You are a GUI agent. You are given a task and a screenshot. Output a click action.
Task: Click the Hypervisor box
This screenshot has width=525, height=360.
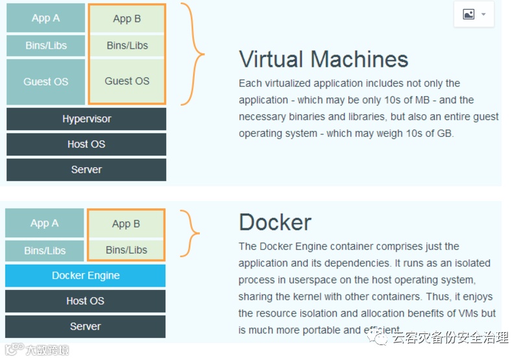click(x=86, y=119)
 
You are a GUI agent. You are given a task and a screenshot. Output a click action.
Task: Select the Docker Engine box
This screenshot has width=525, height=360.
click(x=86, y=276)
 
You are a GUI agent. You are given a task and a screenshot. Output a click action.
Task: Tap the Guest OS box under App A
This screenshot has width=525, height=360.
click(x=45, y=82)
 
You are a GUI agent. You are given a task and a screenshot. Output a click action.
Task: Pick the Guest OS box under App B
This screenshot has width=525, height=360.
click(x=127, y=81)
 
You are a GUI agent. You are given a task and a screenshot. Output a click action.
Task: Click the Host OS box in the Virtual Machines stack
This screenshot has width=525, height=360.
click(x=86, y=144)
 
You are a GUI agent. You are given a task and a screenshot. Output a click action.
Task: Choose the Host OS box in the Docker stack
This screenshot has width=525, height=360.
click(x=85, y=301)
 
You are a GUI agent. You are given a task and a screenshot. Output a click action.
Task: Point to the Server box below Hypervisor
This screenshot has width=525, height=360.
click(x=86, y=169)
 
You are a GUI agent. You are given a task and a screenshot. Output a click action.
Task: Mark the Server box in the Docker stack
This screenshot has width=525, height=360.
click(x=85, y=326)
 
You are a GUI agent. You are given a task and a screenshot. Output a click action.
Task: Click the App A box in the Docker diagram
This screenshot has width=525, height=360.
click(x=45, y=223)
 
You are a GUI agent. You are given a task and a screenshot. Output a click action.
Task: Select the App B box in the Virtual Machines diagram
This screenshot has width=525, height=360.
click(x=127, y=19)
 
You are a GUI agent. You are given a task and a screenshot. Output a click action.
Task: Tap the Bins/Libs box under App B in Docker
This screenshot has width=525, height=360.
click(x=127, y=250)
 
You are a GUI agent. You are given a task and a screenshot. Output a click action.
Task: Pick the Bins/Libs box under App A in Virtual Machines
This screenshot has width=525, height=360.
click(x=45, y=45)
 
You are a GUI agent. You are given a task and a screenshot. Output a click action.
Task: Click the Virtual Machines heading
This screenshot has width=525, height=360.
click(x=323, y=59)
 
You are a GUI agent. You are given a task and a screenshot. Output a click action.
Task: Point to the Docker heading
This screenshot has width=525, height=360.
click(x=275, y=222)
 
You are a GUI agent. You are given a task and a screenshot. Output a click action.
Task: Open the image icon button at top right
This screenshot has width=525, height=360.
click(x=474, y=14)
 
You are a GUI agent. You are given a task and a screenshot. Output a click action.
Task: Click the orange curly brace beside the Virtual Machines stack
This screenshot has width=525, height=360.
click(x=193, y=54)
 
